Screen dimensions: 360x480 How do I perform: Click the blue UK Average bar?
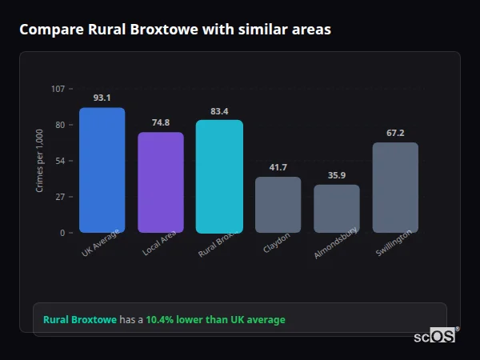coord(102,170)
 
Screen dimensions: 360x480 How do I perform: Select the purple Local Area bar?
coord(161,182)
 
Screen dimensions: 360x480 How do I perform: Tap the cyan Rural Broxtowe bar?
coord(219,176)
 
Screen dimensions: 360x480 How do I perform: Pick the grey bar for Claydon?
coord(278,204)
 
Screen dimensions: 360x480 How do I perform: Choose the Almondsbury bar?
coord(337,208)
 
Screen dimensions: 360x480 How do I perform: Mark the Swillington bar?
coord(395,187)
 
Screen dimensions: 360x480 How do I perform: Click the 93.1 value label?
coord(102,98)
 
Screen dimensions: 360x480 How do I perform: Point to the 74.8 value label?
coord(161,122)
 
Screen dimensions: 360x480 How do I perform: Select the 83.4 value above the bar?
coord(219,111)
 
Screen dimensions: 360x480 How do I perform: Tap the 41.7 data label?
coord(278,167)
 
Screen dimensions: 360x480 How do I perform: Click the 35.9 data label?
coord(337,175)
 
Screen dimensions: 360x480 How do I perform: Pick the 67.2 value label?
coord(395,133)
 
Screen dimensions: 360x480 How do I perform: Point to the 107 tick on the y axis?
coord(58,88)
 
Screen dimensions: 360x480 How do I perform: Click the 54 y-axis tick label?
coord(60,161)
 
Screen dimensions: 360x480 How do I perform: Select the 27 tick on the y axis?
coord(60,197)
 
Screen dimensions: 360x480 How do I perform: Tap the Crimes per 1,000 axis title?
coord(40,160)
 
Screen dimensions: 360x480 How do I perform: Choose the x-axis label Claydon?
coord(277,242)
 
